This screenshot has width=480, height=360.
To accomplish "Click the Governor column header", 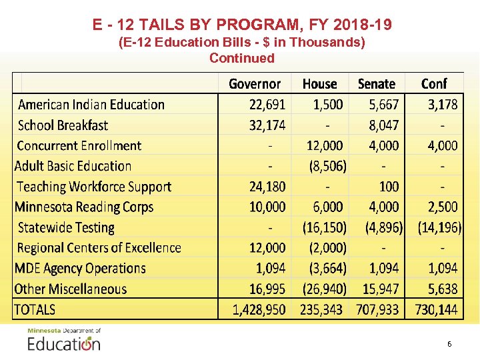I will click(255, 84).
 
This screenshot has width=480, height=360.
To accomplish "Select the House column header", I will click(319, 84).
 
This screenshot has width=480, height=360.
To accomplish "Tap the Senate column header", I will click(377, 84).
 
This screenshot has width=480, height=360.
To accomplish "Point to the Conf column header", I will click(434, 84).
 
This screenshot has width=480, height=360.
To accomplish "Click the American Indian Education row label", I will click(91, 105).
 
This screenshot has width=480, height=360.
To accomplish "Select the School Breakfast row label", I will click(63, 125).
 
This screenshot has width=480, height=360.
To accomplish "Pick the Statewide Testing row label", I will click(66, 228).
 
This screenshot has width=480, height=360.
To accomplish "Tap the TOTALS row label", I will click(35, 310).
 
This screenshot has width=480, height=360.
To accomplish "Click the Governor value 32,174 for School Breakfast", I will click(267, 125).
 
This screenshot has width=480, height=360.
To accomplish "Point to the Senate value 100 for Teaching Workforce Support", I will click(389, 187).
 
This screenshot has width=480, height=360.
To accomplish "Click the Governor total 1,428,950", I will click(259, 310).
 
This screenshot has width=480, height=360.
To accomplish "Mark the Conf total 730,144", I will click(437, 310).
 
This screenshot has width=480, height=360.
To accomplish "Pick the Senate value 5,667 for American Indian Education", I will click(383, 105).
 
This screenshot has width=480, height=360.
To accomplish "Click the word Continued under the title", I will click(241, 58).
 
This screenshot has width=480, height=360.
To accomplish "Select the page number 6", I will click(449, 344).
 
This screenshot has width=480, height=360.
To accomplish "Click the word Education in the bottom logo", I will click(63, 344).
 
